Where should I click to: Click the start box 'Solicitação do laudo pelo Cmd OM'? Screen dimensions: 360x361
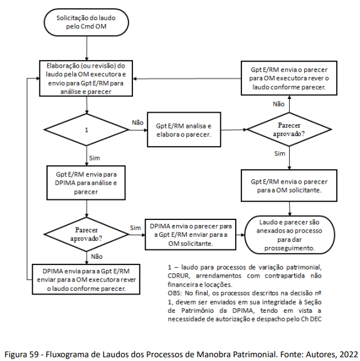(x=86, y=23)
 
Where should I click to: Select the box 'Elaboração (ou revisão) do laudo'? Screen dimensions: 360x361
(x=86, y=78)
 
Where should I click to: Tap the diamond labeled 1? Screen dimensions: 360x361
(x=87, y=130)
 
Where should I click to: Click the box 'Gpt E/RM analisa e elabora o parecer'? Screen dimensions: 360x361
(x=184, y=130)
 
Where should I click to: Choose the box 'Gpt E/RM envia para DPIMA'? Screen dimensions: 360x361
(x=86, y=183)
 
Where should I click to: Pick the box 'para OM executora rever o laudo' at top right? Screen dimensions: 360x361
(x=289, y=78)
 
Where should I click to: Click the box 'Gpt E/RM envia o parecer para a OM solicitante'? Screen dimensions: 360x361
(x=289, y=186)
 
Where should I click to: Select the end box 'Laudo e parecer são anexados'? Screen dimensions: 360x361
(x=289, y=235)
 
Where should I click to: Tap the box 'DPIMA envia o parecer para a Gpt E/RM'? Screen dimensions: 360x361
(x=191, y=234)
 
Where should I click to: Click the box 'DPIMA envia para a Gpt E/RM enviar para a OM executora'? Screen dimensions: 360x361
(x=86, y=280)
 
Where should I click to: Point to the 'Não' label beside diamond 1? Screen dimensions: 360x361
(x=137, y=123)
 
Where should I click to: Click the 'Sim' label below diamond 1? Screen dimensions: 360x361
(x=95, y=158)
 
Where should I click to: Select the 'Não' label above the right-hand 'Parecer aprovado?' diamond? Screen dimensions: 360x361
(x=278, y=104)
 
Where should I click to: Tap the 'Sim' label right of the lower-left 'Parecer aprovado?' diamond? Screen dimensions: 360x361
(x=135, y=228)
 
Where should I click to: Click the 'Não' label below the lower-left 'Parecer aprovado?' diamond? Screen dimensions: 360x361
(x=97, y=256)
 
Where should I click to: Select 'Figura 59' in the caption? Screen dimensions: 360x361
(x=22, y=354)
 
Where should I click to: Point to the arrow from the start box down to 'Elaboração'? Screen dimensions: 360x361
(x=87, y=48)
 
